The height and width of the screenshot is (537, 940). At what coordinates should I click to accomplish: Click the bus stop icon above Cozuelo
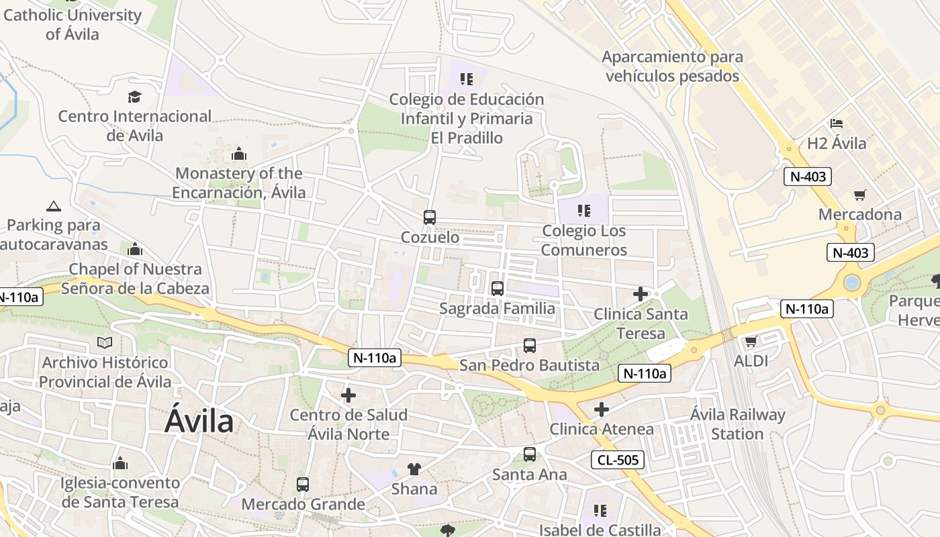[x=430, y=217]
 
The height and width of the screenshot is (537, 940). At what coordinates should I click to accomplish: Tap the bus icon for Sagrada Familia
[x=498, y=289]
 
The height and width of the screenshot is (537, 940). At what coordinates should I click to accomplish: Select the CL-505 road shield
[x=618, y=460]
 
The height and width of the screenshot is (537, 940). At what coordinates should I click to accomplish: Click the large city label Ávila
[x=199, y=422]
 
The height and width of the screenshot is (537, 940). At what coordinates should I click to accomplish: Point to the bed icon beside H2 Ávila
[x=837, y=124]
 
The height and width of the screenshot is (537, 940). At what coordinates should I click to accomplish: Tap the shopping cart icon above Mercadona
[x=860, y=195]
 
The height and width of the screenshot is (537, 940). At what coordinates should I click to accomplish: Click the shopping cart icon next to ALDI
[x=751, y=341]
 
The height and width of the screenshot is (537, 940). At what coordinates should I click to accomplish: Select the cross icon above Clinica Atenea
[x=602, y=409]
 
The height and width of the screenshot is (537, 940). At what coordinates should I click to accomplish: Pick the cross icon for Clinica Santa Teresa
[x=641, y=294]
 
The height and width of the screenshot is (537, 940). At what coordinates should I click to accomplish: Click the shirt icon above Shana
[x=414, y=469]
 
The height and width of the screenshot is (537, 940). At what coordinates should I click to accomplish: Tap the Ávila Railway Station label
[x=737, y=424]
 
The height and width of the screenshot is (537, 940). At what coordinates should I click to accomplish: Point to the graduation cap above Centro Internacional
[x=135, y=97]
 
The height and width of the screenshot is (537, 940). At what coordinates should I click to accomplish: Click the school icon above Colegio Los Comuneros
[x=584, y=211]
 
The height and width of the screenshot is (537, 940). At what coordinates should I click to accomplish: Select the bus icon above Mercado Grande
[x=303, y=485]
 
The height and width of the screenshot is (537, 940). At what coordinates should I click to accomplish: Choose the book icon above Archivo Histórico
[x=105, y=343]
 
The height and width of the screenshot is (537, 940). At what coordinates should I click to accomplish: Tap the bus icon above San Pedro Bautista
[x=530, y=346]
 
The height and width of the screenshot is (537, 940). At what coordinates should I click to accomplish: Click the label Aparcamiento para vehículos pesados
[x=672, y=66]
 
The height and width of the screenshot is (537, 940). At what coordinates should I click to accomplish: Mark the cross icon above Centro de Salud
[x=348, y=395]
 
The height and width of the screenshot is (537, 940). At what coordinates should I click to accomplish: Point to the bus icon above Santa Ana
[x=530, y=454]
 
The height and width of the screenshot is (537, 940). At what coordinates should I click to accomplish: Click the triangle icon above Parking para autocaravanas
[x=54, y=206]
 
